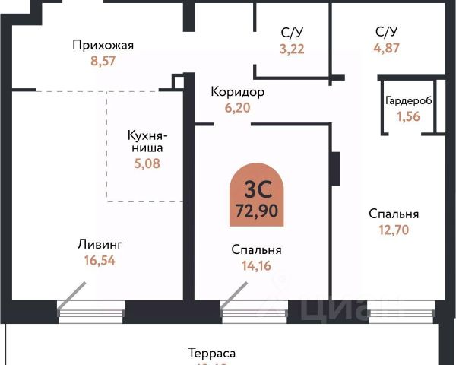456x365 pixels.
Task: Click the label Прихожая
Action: [103, 45]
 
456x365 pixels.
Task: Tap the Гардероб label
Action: [408, 101]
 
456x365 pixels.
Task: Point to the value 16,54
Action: [100, 260]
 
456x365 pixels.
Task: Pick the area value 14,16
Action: [256, 265]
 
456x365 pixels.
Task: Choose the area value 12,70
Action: [394, 229]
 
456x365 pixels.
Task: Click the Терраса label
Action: [212, 354]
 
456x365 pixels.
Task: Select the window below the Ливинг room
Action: [91, 312]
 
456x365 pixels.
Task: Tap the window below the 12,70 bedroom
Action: [399, 312]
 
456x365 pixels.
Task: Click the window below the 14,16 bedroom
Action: [255, 312]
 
